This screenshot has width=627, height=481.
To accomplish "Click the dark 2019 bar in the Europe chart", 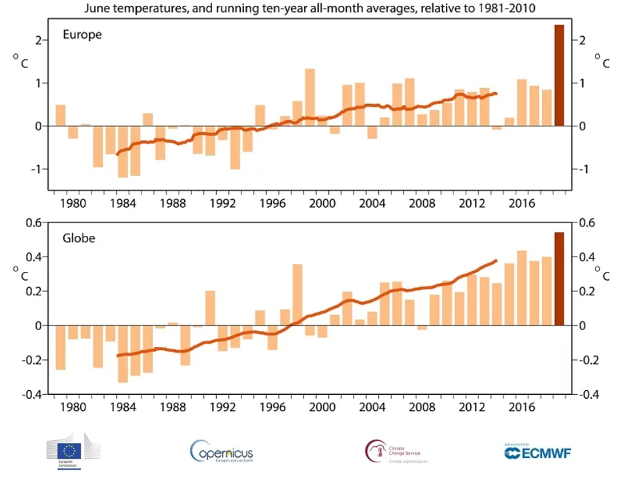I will point(559,75).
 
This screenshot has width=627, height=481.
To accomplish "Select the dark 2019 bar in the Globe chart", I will point(559,279).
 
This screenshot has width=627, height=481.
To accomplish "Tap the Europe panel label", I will point(83,34).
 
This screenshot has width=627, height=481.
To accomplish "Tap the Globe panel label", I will point(79,238).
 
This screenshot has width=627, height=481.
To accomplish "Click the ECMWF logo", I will point(538,452).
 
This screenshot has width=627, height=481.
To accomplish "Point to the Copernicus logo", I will point(221,452).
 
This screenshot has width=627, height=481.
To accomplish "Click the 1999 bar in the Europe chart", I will point(309,97).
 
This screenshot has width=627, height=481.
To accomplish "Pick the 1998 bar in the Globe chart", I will point(297,295).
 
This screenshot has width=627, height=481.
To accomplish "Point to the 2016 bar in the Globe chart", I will point(522,288).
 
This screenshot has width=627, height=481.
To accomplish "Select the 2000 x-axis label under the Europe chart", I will point(322,204).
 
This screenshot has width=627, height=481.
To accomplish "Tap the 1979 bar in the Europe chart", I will point(60,116).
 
